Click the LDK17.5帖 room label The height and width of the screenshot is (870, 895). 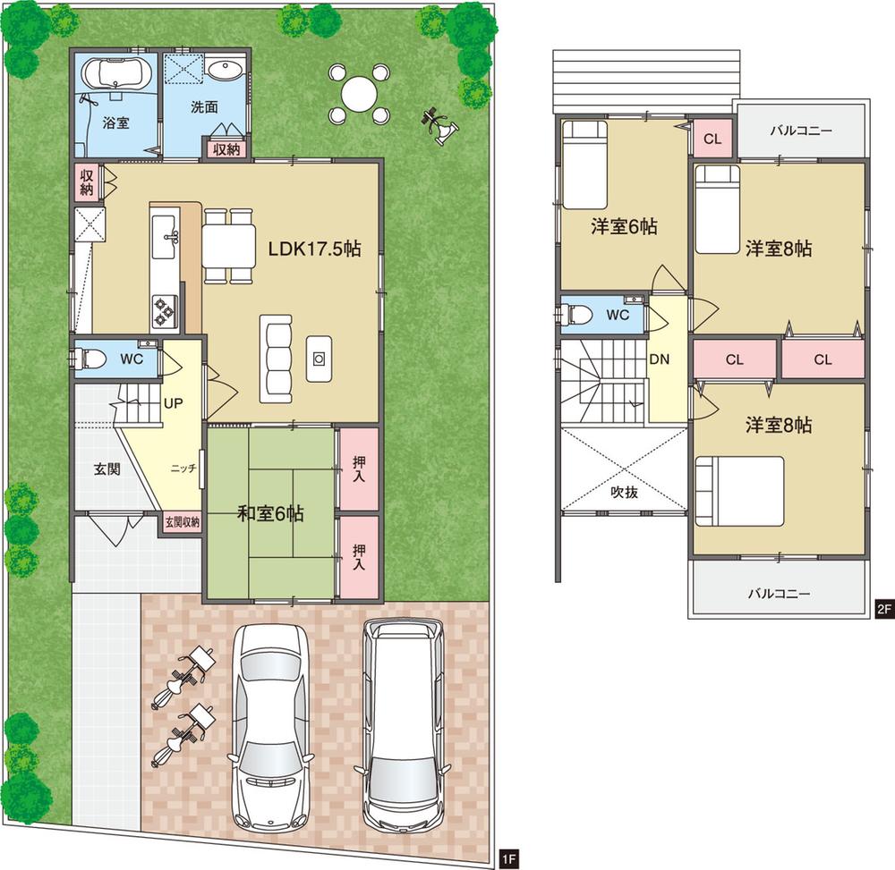(x=315, y=250)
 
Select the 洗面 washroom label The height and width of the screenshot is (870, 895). (x=204, y=106)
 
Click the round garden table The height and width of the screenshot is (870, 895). (x=359, y=93)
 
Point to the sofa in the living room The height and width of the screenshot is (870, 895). (x=277, y=359)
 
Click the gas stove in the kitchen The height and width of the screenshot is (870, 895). (x=165, y=310)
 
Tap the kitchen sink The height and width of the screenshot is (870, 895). (x=167, y=234)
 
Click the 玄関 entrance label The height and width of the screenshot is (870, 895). (x=107, y=467)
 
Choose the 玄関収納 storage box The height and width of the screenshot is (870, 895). (x=182, y=521)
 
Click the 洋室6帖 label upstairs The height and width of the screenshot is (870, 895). (x=623, y=227)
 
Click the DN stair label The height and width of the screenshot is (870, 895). (x=659, y=359)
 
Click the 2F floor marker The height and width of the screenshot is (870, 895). (x=883, y=610)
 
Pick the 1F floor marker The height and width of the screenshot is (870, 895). (x=507, y=857)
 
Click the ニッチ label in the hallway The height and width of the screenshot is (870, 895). (x=185, y=469)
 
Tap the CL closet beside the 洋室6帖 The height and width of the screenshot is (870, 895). (x=712, y=139)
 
